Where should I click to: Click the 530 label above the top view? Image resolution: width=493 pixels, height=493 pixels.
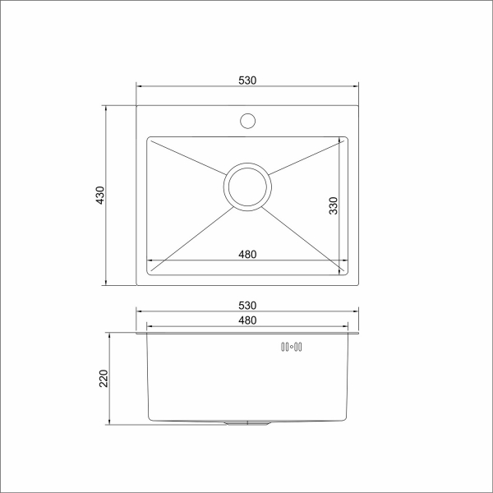tap(247, 80)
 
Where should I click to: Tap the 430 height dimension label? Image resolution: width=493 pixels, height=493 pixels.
tap(100, 196)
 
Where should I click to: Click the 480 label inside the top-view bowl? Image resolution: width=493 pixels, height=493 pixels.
tap(247, 254)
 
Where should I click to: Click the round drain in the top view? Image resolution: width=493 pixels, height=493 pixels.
tap(247, 187)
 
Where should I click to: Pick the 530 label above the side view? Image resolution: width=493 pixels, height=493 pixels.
tap(247, 306)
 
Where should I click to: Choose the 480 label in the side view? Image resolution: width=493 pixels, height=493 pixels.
tap(247, 320)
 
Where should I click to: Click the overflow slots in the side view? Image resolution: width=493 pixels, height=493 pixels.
tap(292, 348)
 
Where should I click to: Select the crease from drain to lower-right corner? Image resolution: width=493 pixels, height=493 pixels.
tap(306, 238)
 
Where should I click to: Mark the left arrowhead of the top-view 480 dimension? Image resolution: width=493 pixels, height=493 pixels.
tap(150, 262)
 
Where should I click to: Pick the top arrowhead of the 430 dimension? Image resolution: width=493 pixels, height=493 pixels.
tap(107, 106)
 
